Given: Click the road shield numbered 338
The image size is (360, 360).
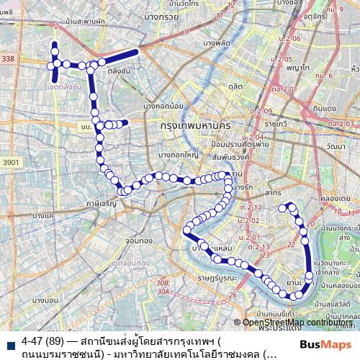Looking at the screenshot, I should pyautogui.click(x=8, y=59).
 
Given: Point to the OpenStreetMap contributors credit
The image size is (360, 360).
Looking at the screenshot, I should pyautogui.click(x=297, y=323).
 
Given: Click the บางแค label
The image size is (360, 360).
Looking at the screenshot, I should pyautogui.click(x=43, y=215).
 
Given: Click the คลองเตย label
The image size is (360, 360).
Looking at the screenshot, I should pyautogui.click(x=335, y=198).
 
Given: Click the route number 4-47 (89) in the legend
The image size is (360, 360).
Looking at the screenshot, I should pyautogui.click(x=41, y=340).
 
